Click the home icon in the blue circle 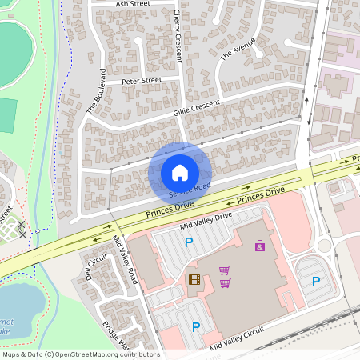(180, 173)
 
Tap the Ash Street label (133, 4)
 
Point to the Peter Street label (142, 81)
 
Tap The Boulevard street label (97, 100)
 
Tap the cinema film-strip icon (193, 279)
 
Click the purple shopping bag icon (260, 246)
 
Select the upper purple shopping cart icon (225, 270)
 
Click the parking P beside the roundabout (316, 281)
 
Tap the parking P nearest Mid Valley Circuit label (196, 326)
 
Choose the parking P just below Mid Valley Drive (190, 242)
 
